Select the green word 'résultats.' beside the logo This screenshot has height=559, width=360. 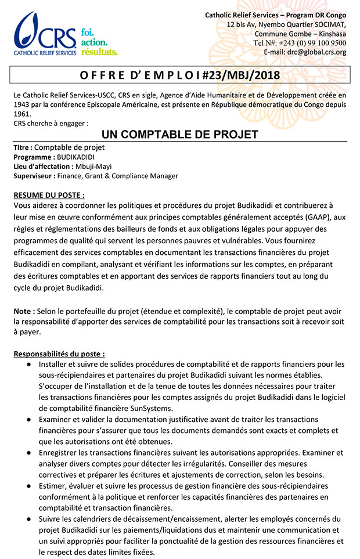[99, 52]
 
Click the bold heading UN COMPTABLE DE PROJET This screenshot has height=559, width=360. [180, 135]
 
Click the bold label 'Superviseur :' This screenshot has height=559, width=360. [34, 175]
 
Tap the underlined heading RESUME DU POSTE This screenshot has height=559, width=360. [49, 194]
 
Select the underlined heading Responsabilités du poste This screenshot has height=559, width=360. [59, 354]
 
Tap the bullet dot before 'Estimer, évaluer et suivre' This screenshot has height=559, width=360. [28, 486]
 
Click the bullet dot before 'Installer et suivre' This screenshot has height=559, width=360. [28, 364]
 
